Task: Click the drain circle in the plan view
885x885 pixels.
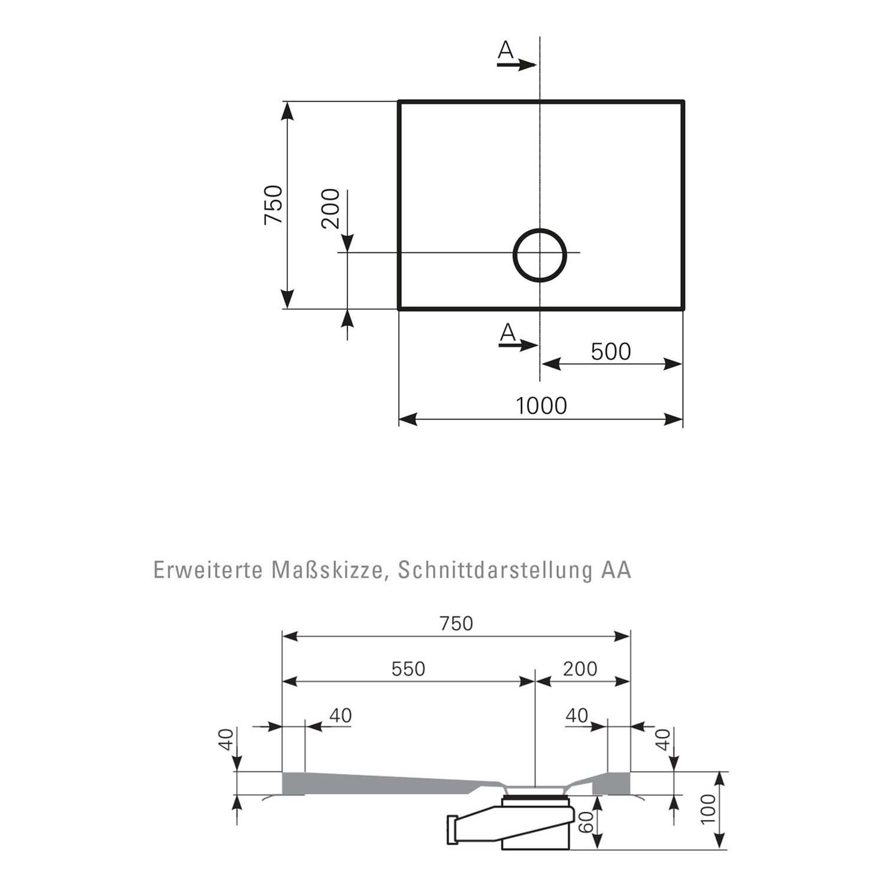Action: [540, 255]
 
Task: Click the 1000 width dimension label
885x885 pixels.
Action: [541, 406]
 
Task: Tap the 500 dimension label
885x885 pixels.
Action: [611, 352]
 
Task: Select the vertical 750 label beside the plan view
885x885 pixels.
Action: [274, 205]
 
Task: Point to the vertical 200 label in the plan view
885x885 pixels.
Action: [331, 208]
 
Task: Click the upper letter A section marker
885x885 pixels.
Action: [506, 51]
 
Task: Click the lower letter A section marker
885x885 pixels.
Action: [507, 333]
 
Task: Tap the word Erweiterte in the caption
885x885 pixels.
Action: [208, 570]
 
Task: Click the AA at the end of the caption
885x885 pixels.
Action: [617, 570]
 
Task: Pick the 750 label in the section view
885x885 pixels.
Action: [457, 624]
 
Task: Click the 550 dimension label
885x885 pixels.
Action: [408, 668]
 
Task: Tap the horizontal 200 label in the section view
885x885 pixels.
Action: [580, 668]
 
